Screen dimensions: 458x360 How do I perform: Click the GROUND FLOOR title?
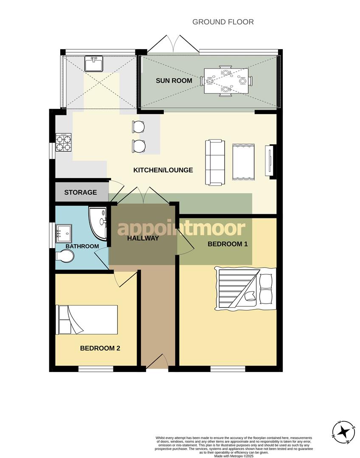point(223,22)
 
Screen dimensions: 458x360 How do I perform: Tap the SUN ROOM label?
point(174,81)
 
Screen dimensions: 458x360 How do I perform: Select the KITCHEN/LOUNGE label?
point(163,170)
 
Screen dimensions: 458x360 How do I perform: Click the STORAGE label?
point(80,193)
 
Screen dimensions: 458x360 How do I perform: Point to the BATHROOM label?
point(82,246)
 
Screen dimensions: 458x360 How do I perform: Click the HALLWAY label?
point(143,238)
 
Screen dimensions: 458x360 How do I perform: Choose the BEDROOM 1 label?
point(227,244)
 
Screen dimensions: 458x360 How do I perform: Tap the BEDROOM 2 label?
point(100,349)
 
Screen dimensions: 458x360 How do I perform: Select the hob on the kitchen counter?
point(64,142)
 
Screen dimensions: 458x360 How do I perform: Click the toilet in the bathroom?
point(65,256)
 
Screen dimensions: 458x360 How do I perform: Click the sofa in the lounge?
point(215,162)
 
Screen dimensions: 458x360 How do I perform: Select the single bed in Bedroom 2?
point(87,319)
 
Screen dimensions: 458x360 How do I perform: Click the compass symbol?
point(344,432)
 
